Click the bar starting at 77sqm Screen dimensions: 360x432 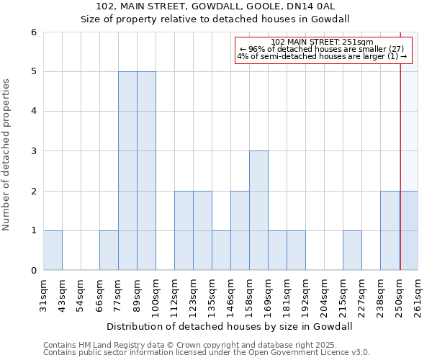tap(127, 171)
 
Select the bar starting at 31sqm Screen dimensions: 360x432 tap(53, 251)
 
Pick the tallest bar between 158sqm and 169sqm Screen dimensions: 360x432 tap(258, 210)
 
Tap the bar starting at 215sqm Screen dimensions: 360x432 tap(352, 251)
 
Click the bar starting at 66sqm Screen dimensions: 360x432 tap(109, 251)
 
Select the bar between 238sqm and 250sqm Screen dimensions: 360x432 tap(390, 230)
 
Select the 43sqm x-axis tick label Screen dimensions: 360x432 tap(63, 294)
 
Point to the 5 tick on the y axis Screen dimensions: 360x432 tap(33, 72)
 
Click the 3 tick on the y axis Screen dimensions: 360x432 tap(33, 151)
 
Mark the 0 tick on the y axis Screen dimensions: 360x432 tap(33, 271)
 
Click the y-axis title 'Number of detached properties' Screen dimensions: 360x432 tap(7, 151)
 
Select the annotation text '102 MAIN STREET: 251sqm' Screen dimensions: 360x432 tap(322, 42)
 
